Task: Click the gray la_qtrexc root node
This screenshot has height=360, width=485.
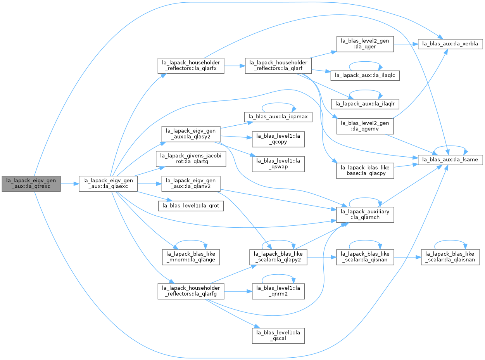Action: pyautogui.click(x=31, y=184)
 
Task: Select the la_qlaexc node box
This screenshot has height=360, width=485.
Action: pyautogui.click(x=108, y=184)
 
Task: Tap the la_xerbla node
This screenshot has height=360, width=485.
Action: pyautogui.click(x=450, y=44)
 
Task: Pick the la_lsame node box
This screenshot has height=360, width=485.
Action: pyautogui.click(x=450, y=160)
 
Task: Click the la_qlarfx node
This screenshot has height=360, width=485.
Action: pyautogui.click(x=191, y=66)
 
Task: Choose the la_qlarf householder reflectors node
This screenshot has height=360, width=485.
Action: pyautogui.click(x=278, y=66)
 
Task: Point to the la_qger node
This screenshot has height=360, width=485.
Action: pyautogui.click(x=365, y=44)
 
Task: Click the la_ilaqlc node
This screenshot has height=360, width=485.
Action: pyautogui.click(x=365, y=76)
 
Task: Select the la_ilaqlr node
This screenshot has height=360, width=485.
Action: pyautogui.click(x=365, y=104)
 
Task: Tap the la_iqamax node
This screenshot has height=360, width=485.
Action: pyautogui.click(x=278, y=117)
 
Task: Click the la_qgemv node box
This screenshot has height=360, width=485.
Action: pyautogui.click(x=365, y=126)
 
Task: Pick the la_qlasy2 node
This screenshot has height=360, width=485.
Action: pyautogui.click(x=191, y=134)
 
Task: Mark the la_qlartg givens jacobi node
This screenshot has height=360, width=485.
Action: pyautogui.click(x=191, y=159)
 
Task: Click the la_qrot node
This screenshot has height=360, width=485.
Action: pyautogui.click(x=191, y=206)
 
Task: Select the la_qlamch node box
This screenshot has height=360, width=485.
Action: pyautogui.click(x=365, y=215)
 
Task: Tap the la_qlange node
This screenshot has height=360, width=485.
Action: pyautogui.click(x=191, y=257)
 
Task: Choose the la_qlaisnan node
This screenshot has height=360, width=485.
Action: pyautogui.click(x=450, y=257)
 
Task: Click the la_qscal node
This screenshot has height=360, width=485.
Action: pyautogui.click(x=278, y=336)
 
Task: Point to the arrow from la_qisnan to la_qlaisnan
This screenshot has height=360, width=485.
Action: pyautogui.click(x=407, y=257)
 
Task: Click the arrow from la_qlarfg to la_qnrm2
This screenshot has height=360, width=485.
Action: pyautogui.click(x=238, y=291)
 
